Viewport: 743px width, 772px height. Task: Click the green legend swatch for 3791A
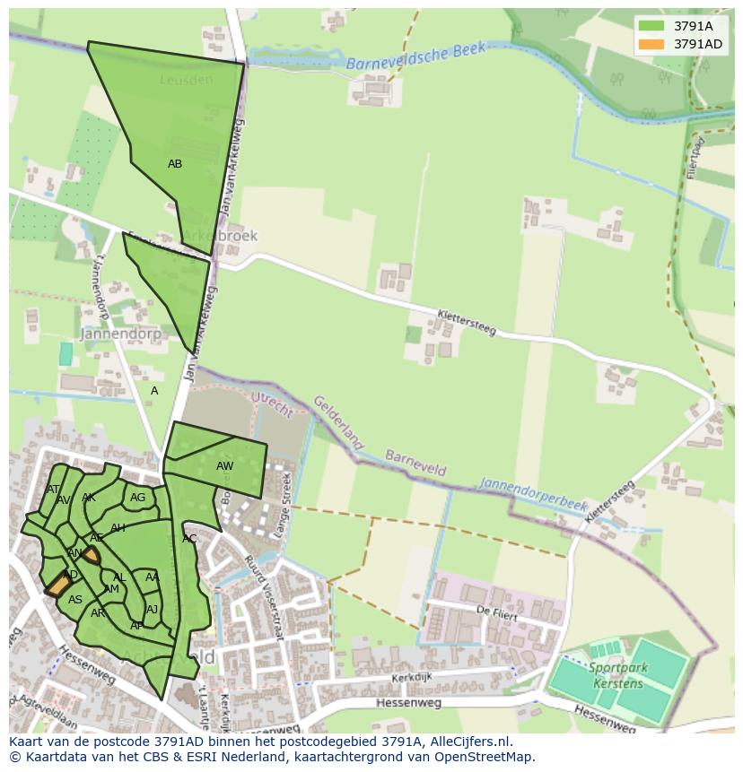point(651,26)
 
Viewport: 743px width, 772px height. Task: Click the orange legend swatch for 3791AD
point(651,44)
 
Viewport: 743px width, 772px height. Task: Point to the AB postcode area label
point(175,164)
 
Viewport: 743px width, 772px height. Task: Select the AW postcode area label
point(224,466)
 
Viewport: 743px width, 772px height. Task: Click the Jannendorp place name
point(120,334)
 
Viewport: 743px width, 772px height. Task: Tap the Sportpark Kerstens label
point(618,675)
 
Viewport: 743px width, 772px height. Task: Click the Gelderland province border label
point(339,424)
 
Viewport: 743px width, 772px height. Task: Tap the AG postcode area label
point(137,498)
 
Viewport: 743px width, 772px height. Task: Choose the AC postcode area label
point(189,539)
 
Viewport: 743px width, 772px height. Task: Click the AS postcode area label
point(75,600)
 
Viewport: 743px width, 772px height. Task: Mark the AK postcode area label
point(88,498)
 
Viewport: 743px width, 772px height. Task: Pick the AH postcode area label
point(118,528)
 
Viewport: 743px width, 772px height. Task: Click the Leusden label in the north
point(187,80)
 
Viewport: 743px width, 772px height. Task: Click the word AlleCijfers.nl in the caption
point(467,742)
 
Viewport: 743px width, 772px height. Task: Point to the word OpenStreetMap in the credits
point(485,757)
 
